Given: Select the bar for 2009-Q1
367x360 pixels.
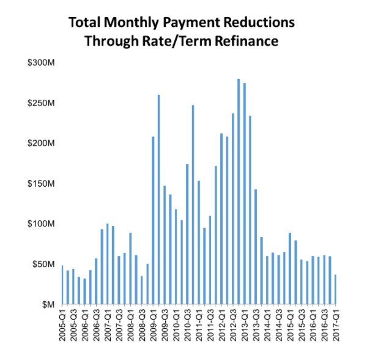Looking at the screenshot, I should [x=153, y=220].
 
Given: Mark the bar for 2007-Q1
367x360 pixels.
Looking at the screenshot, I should [x=108, y=264].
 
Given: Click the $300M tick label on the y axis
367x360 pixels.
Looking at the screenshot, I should [x=40, y=63].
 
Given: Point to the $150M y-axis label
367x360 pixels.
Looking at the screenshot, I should [x=40, y=184].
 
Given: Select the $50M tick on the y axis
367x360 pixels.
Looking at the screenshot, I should [x=42, y=264].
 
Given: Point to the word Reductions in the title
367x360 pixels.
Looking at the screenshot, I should [x=261, y=23].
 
